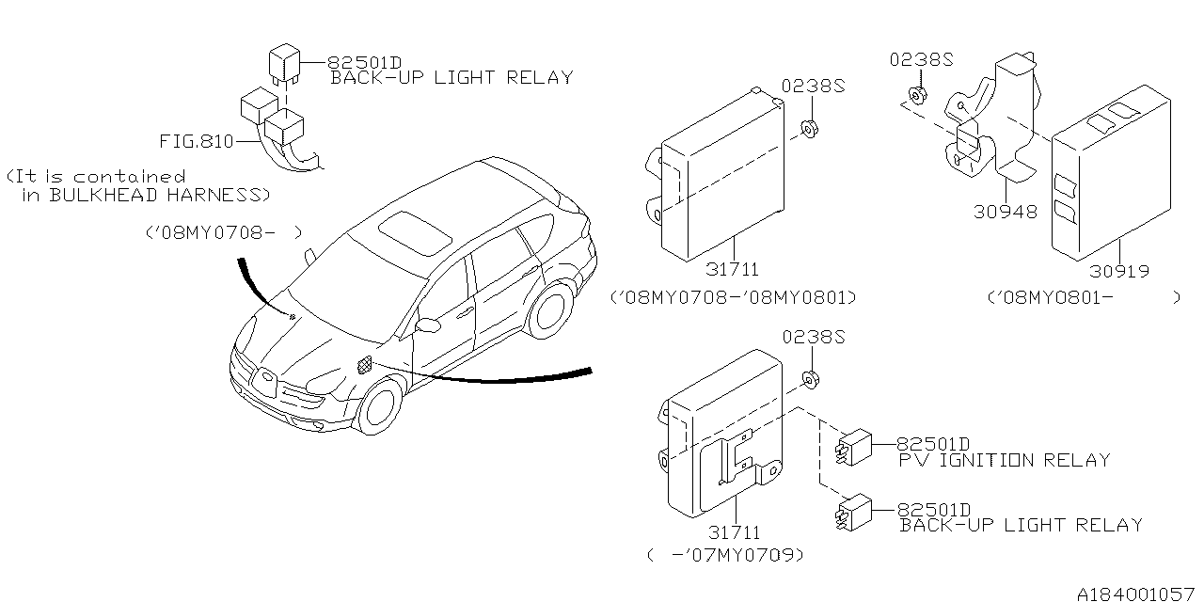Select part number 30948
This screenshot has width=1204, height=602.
click(1006, 213)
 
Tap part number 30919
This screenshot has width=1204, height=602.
click(1118, 272)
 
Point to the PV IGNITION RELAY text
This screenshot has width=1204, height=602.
click(1004, 461)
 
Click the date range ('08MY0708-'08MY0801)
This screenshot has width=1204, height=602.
click(733, 297)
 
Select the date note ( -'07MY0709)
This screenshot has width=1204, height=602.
click(725, 556)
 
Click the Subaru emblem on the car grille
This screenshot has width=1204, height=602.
click(267, 380)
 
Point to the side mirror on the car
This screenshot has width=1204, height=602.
click(428, 325)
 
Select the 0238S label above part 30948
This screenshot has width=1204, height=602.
click(921, 60)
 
